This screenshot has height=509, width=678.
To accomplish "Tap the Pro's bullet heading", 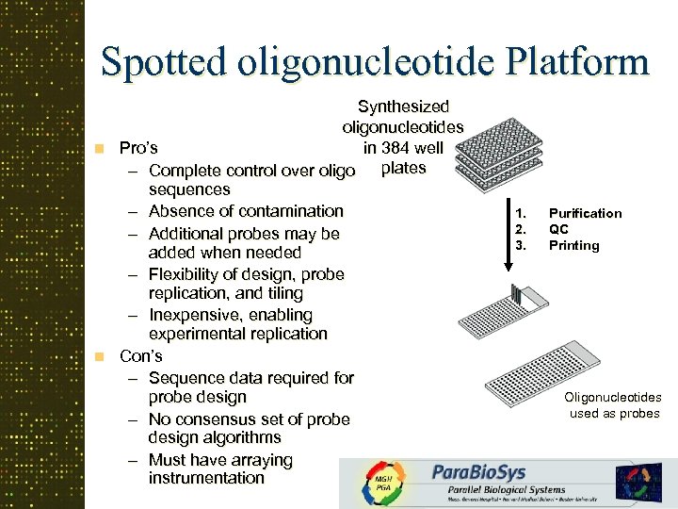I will pyautogui.click(x=138, y=148).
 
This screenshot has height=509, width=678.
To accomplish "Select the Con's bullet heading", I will pyautogui.click(x=140, y=356).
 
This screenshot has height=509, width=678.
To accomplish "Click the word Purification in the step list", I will pyautogui.click(x=585, y=213).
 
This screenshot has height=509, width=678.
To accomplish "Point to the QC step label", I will pyautogui.click(x=558, y=229).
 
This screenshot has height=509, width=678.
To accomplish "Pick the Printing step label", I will pyautogui.click(x=573, y=245).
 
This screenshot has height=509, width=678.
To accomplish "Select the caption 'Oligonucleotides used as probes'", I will pyautogui.click(x=613, y=405).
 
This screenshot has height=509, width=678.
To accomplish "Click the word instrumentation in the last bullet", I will pyautogui.click(x=206, y=478).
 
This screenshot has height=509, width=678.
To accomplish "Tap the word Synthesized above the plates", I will pyautogui.click(x=403, y=107).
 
